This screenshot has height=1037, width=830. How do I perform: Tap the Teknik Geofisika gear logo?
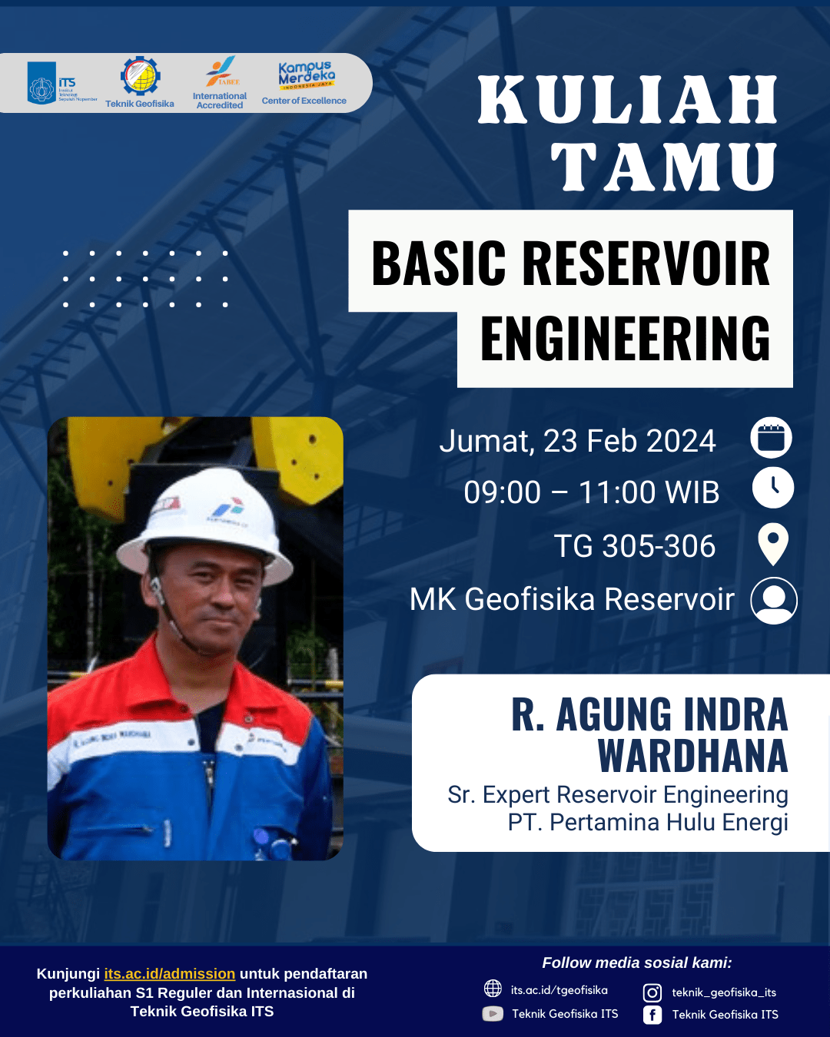click(140, 77)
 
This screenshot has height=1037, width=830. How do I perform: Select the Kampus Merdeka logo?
click(305, 75)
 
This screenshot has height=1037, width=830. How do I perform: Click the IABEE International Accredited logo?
click(221, 73)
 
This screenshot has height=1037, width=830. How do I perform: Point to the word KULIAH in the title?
click(628, 100)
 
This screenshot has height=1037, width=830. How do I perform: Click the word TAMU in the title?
click(664, 167)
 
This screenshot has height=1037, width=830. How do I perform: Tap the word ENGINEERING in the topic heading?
click(625, 338)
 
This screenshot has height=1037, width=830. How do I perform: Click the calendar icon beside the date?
click(771, 438)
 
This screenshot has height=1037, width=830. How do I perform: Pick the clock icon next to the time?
click(772, 488)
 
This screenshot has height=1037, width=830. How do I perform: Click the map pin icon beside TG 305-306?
click(772, 544)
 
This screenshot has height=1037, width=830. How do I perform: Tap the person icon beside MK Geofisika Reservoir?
click(774, 600)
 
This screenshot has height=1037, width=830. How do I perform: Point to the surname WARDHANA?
click(693, 757)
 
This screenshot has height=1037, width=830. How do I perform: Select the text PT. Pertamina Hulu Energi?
click(648, 823)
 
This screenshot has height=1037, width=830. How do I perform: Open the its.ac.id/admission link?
click(170, 974)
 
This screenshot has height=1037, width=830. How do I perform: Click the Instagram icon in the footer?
click(652, 992)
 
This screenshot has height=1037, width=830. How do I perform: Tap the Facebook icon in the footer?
click(652, 1015)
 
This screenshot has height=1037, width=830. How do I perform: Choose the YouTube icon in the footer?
click(493, 1014)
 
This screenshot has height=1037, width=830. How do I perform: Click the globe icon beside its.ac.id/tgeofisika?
click(493, 989)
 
